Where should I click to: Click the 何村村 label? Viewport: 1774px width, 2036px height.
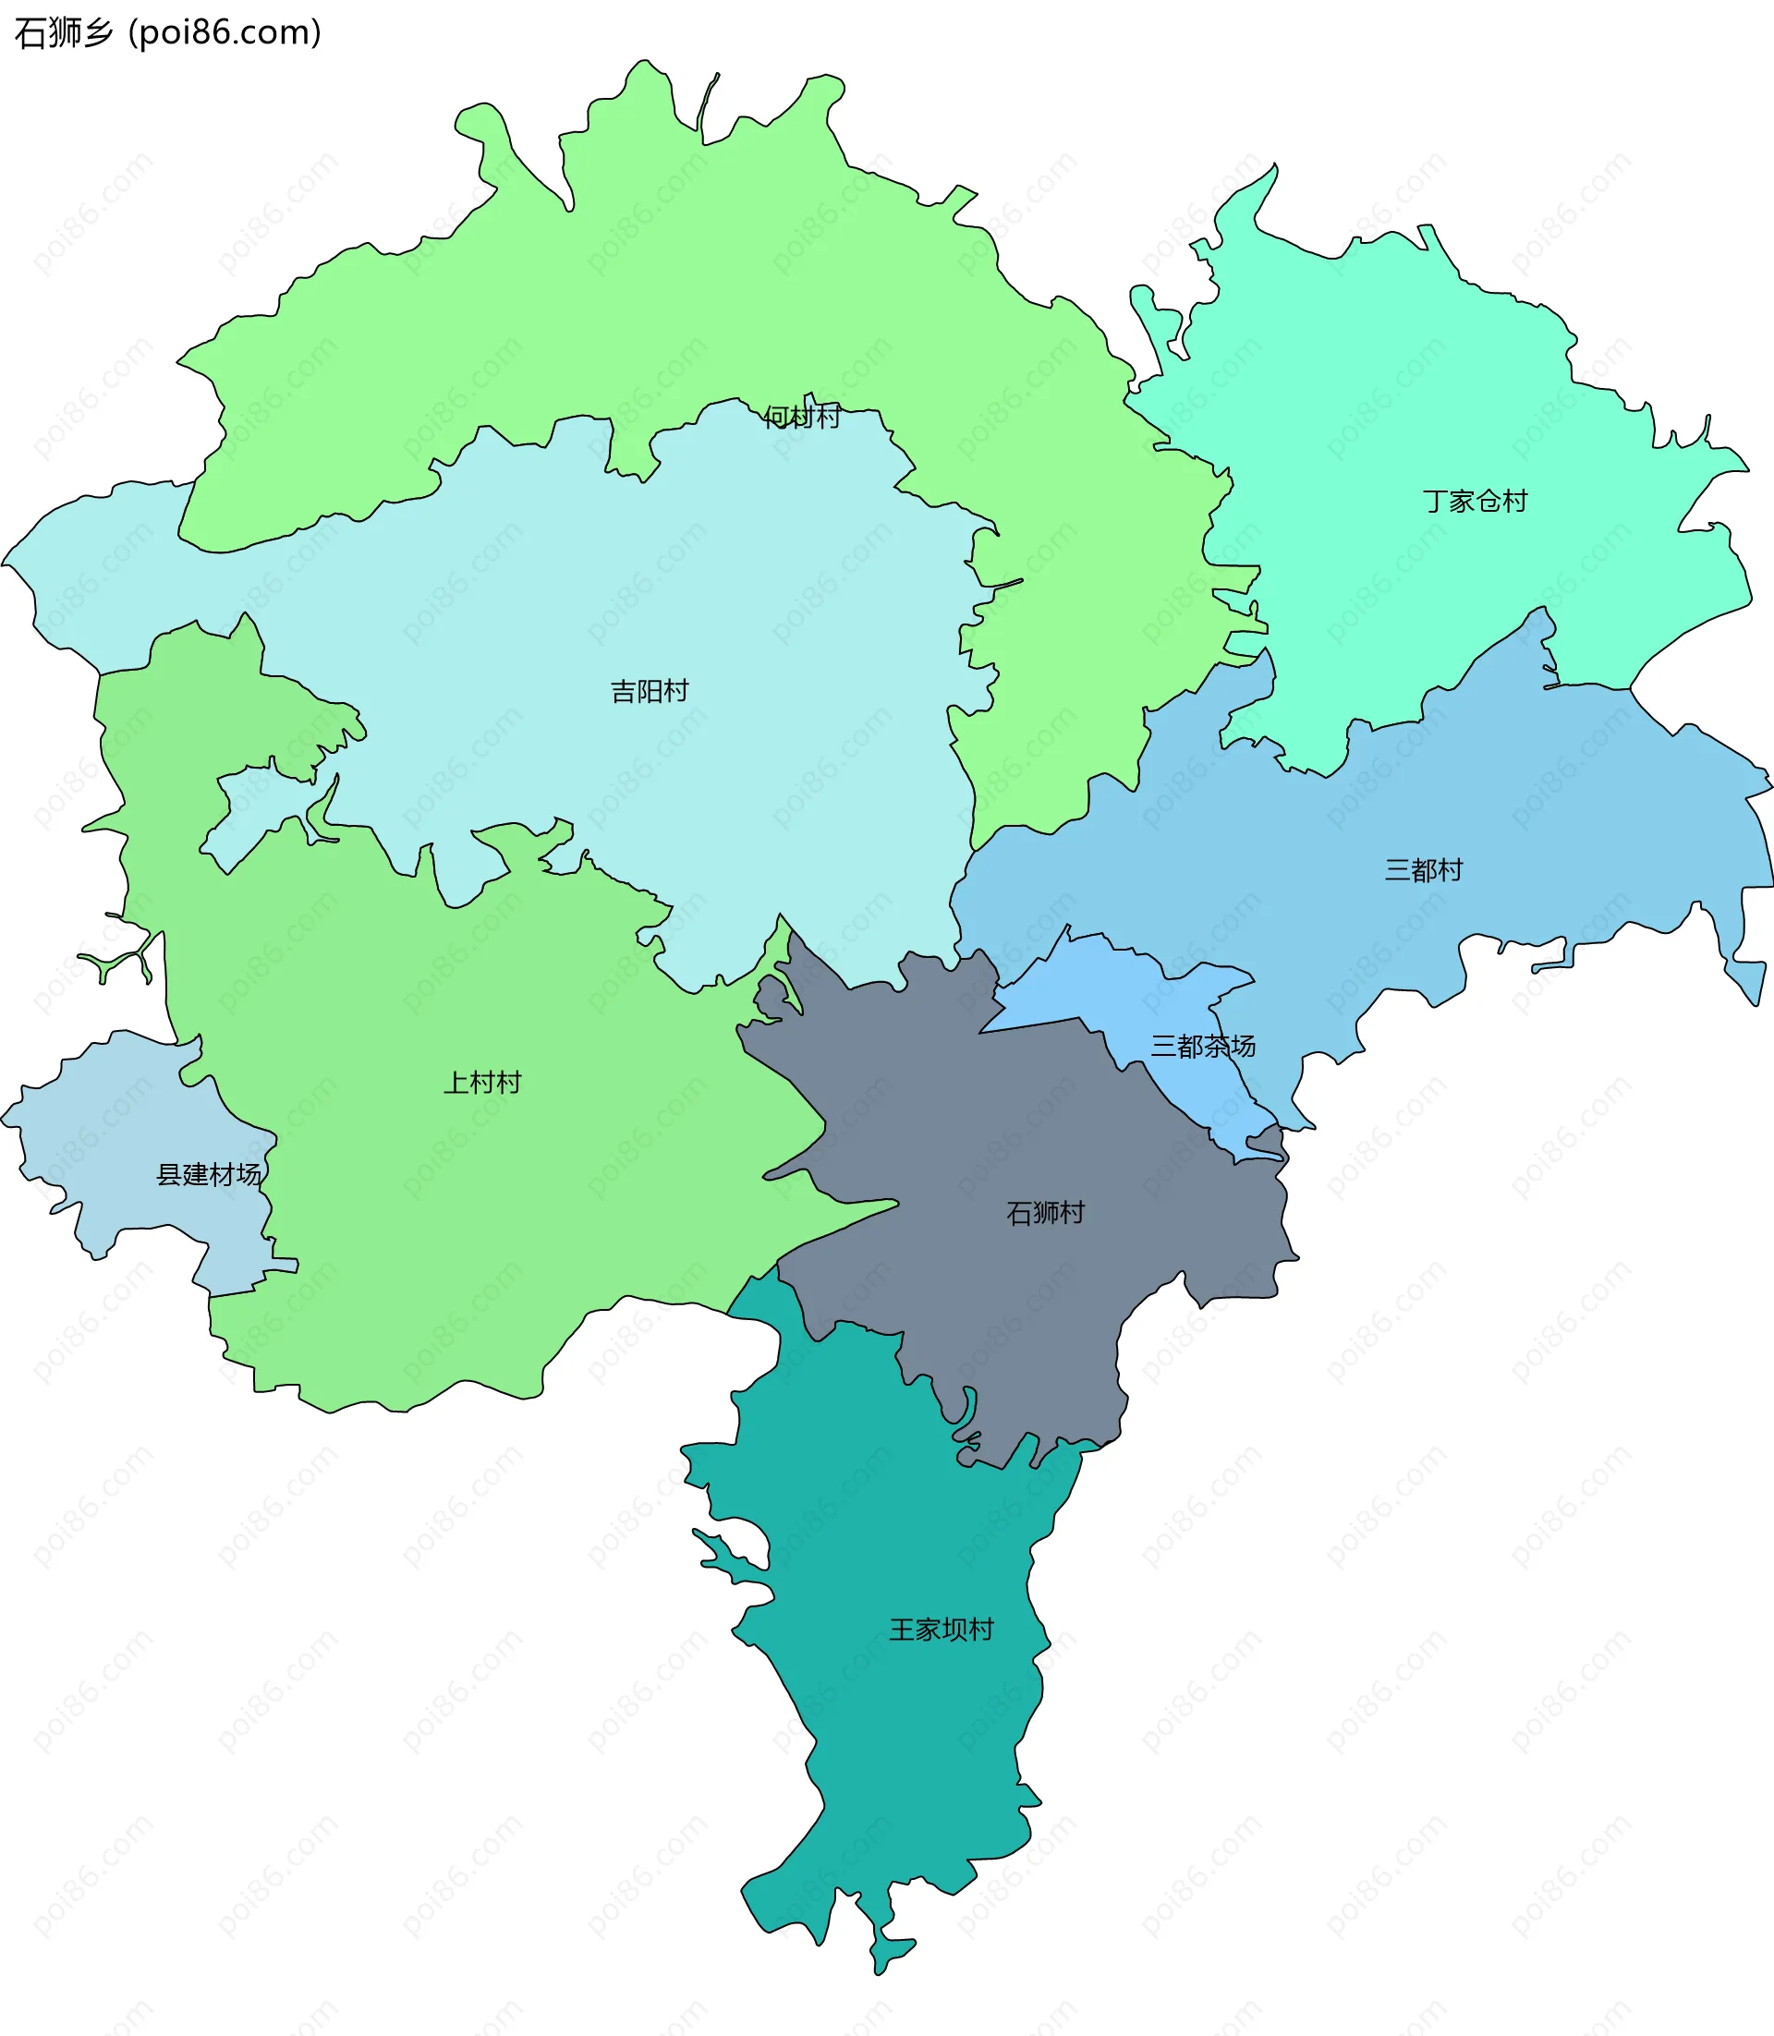[802, 417]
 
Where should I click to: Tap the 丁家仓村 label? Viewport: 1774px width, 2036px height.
[1475, 501]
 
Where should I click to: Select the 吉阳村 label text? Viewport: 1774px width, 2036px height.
[650, 691]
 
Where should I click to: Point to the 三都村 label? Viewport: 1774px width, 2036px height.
[1424, 870]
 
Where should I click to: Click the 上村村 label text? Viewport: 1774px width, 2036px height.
[482, 1082]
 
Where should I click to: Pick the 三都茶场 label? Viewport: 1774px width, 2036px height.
[1203, 1047]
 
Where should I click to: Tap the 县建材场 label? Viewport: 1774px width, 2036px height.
[209, 1175]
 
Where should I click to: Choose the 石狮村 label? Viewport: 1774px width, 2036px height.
[1045, 1213]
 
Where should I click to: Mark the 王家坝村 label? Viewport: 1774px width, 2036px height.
[942, 1630]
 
